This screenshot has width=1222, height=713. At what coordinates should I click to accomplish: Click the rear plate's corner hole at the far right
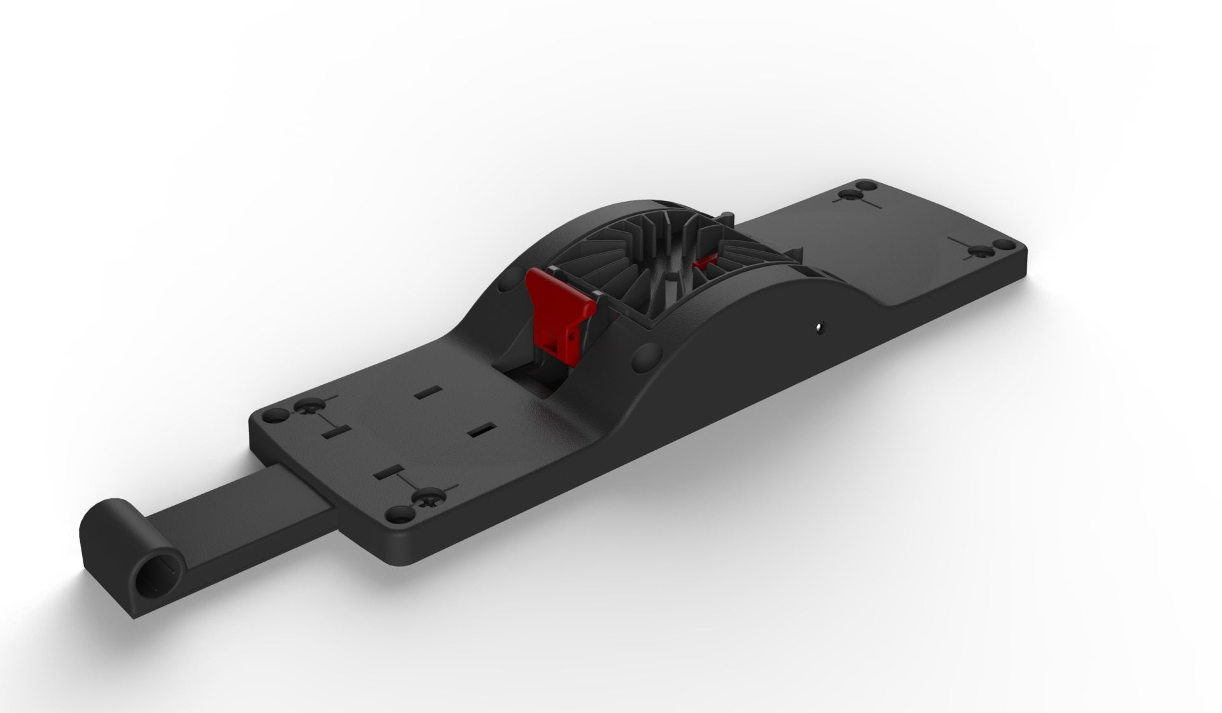1002,245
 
